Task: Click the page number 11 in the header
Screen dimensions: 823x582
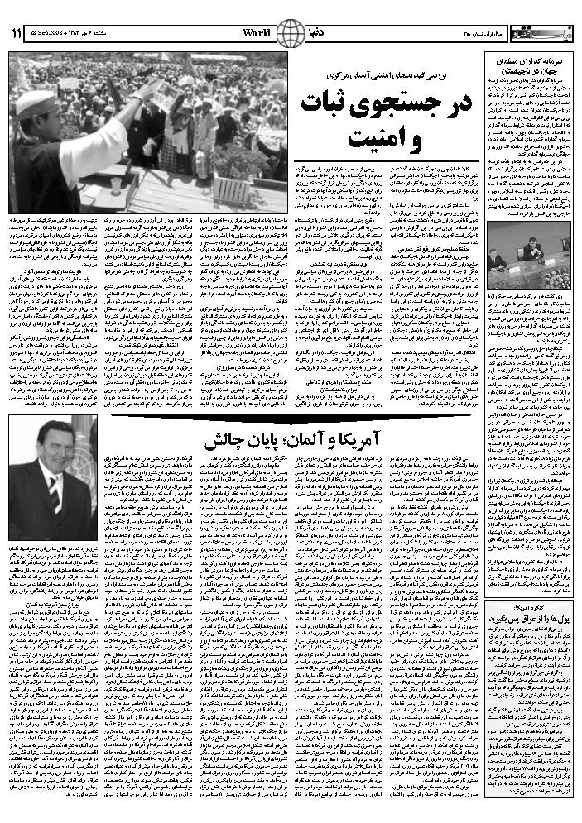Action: click(x=17, y=34)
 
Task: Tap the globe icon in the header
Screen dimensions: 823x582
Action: click(x=289, y=34)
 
